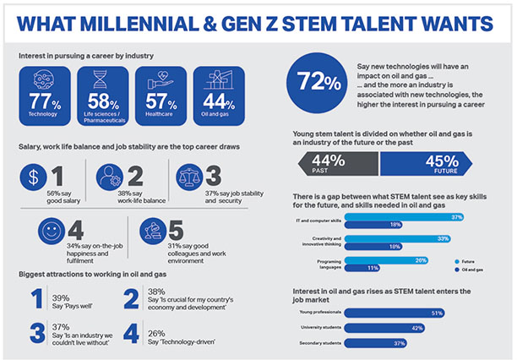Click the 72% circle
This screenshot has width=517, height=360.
[314, 82]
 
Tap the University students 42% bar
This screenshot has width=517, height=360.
[384, 328]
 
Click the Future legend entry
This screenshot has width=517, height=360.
[463, 261]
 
